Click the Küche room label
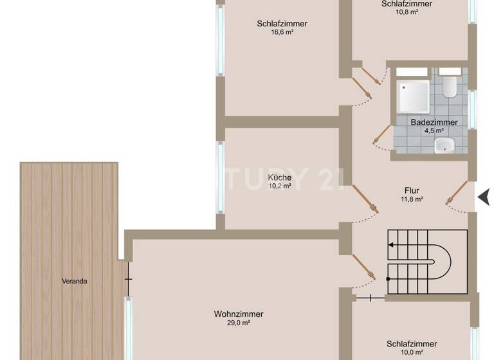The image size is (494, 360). [x=280, y=177]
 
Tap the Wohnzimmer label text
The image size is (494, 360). [x=239, y=314]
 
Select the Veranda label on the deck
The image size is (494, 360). [x=75, y=281]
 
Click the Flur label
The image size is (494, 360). [x=412, y=190]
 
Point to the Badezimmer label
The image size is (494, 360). [x=434, y=122]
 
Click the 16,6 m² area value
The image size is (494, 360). [x=282, y=32]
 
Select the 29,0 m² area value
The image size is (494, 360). [x=239, y=323]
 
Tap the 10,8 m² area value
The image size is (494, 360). [x=406, y=12]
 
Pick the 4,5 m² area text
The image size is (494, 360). [x=434, y=130]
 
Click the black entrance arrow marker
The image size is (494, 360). [x=484, y=197]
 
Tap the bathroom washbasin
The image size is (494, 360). [x=444, y=146]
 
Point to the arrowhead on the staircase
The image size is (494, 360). [x=390, y=245]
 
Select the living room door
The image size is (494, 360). [x=364, y=267]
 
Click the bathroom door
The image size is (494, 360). [x=382, y=134]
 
